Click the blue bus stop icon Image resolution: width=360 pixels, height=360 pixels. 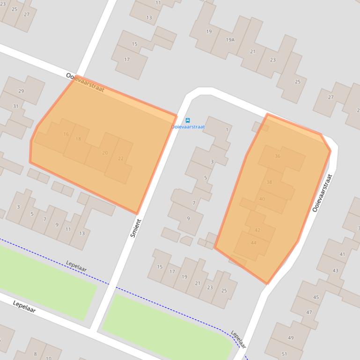click(x=188, y=121)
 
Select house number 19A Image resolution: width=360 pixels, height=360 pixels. click(x=230, y=40)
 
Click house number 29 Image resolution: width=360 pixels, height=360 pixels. click(x=21, y=91)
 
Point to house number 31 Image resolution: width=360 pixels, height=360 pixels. click(x=15, y=106)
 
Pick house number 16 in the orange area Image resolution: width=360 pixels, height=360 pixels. click(x=66, y=134)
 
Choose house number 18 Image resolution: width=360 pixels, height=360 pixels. click(x=78, y=139)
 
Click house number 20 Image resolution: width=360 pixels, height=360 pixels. click(x=105, y=153)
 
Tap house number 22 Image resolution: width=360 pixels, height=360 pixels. click(x=121, y=158)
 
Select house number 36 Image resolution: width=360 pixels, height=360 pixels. click(x=278, y=156)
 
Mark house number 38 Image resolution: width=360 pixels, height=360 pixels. click(x=269, y=182)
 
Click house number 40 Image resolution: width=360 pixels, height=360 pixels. click(x=262, y=199)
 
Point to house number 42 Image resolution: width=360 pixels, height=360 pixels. click(x=257, y=230)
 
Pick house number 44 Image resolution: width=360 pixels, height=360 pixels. click(x=254, y=243)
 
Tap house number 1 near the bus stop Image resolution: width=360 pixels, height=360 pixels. click(x=227, y=130)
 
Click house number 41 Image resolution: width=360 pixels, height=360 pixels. click(x=342, y=254)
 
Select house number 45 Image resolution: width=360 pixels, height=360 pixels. click(x=316, y=297)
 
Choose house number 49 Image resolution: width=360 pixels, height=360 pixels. click(x=291, y=338)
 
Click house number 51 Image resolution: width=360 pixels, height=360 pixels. click(x=284, y=354)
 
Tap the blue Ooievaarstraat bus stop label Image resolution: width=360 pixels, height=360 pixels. click(x=188, y=127)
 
